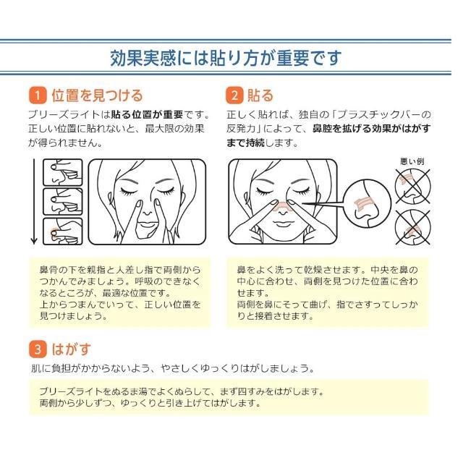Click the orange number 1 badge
click(38, 95)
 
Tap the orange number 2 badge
click(234, 95)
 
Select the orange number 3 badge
click(38, 349)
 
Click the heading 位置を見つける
click(97, 95)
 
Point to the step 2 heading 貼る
click(260, 95)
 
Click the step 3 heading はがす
click(71, 349)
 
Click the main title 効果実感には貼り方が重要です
click(226, 58)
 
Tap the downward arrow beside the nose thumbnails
click(34, 201)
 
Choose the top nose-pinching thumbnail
click(63, 172)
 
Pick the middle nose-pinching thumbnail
click(63, 202)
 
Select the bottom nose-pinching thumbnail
click(63, 231)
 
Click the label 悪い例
click(412, 161)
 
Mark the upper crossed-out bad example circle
click(413, 187)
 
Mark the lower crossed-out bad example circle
click(413, 227)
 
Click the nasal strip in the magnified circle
click(364, 203)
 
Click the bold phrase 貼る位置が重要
click(147, 114)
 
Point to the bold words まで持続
click(246, 143)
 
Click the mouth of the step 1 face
click(147, 224)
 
